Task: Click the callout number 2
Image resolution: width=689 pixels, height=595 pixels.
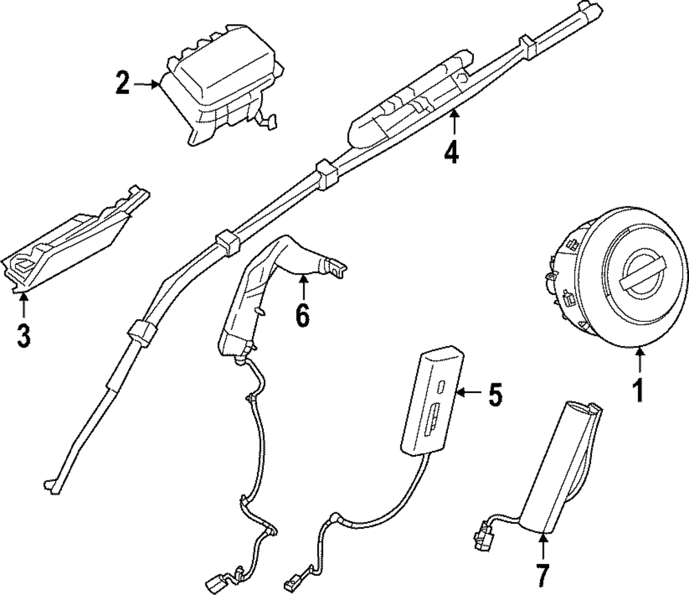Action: [123, 84]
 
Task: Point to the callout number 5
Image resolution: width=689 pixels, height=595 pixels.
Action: [495, 394]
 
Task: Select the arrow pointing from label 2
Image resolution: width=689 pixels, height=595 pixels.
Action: [146, 84]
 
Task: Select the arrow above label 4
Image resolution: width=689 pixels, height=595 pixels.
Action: [453, 124]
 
